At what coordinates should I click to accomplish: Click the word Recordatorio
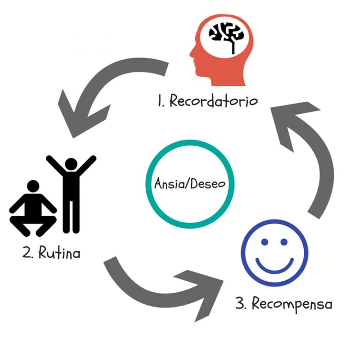pos(214,101)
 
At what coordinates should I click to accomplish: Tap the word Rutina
pos(59,253)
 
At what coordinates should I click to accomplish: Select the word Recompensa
pos(292,304)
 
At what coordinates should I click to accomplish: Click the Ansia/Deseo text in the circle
pos(190,184)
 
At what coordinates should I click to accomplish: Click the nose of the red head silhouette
pos(191,55)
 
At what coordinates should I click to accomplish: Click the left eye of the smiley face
pos(265,242)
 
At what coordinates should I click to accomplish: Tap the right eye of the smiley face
pos(284,242)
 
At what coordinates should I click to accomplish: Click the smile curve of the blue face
pos(275,271)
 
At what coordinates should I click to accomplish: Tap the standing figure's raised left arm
pos(55,164)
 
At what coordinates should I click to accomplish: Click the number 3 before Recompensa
pos(240,303)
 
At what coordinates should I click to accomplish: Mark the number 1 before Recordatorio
pos(160,101)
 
